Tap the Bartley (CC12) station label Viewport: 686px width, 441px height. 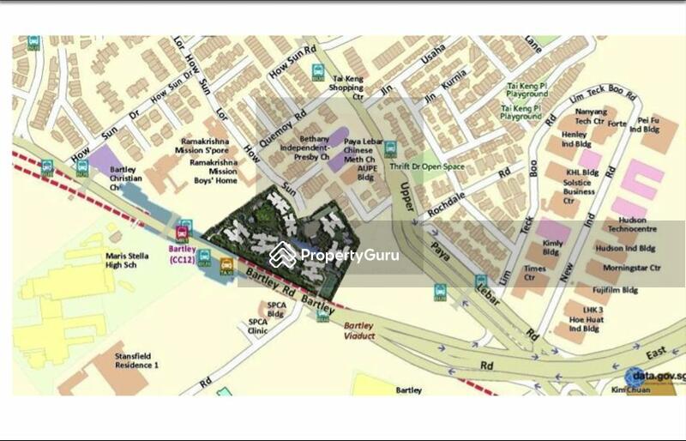pos(183,253)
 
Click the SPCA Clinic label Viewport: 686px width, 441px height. pos(258,325)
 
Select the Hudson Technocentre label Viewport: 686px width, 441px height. pos(631,227)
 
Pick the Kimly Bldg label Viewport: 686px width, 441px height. pos(551,248)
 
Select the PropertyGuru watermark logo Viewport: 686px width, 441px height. pos(334,255)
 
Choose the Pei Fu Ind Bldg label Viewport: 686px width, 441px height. pos(653,126)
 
